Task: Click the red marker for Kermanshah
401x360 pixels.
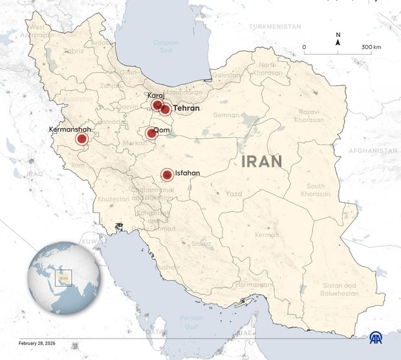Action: click(x=81, y=139)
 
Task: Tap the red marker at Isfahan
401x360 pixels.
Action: click(x=167, y=175)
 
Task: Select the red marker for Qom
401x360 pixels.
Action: click(x=151, y=134)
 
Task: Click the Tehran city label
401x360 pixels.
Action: click(x=186, y=109)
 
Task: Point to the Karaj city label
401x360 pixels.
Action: click(x=156, y=96)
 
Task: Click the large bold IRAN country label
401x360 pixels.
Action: click(x=262, y=162)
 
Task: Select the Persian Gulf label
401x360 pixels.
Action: click(x=191, y=321)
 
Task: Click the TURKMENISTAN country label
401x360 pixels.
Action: click(x=275, y=26)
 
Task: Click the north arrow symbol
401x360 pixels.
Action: click(x=338, y=40)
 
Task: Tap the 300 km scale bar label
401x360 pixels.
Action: click(x=371, y=47)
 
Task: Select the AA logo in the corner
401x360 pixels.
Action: click(x=376, y=337)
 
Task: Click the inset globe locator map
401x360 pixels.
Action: click(x=63, y=278)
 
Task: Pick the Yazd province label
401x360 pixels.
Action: click(x=233, y=193)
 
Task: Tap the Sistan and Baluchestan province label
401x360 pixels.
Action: click(x=339, y=289)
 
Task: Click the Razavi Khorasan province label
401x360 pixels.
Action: click(x=309, y=116)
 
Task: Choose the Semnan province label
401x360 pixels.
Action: click(x=226, y=115)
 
